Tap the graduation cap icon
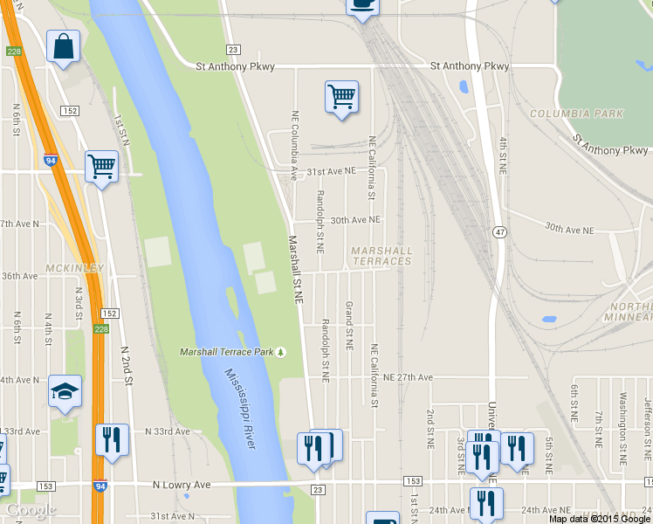pos(64,392)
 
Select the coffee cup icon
pos(362,5)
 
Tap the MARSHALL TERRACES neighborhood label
pos(381,256)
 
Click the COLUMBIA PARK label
pos(576,114)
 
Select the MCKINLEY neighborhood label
pos(77,268)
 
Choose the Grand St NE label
pos(348,326)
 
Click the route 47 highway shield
pos(498,231)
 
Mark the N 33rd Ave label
pos(167,431)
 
